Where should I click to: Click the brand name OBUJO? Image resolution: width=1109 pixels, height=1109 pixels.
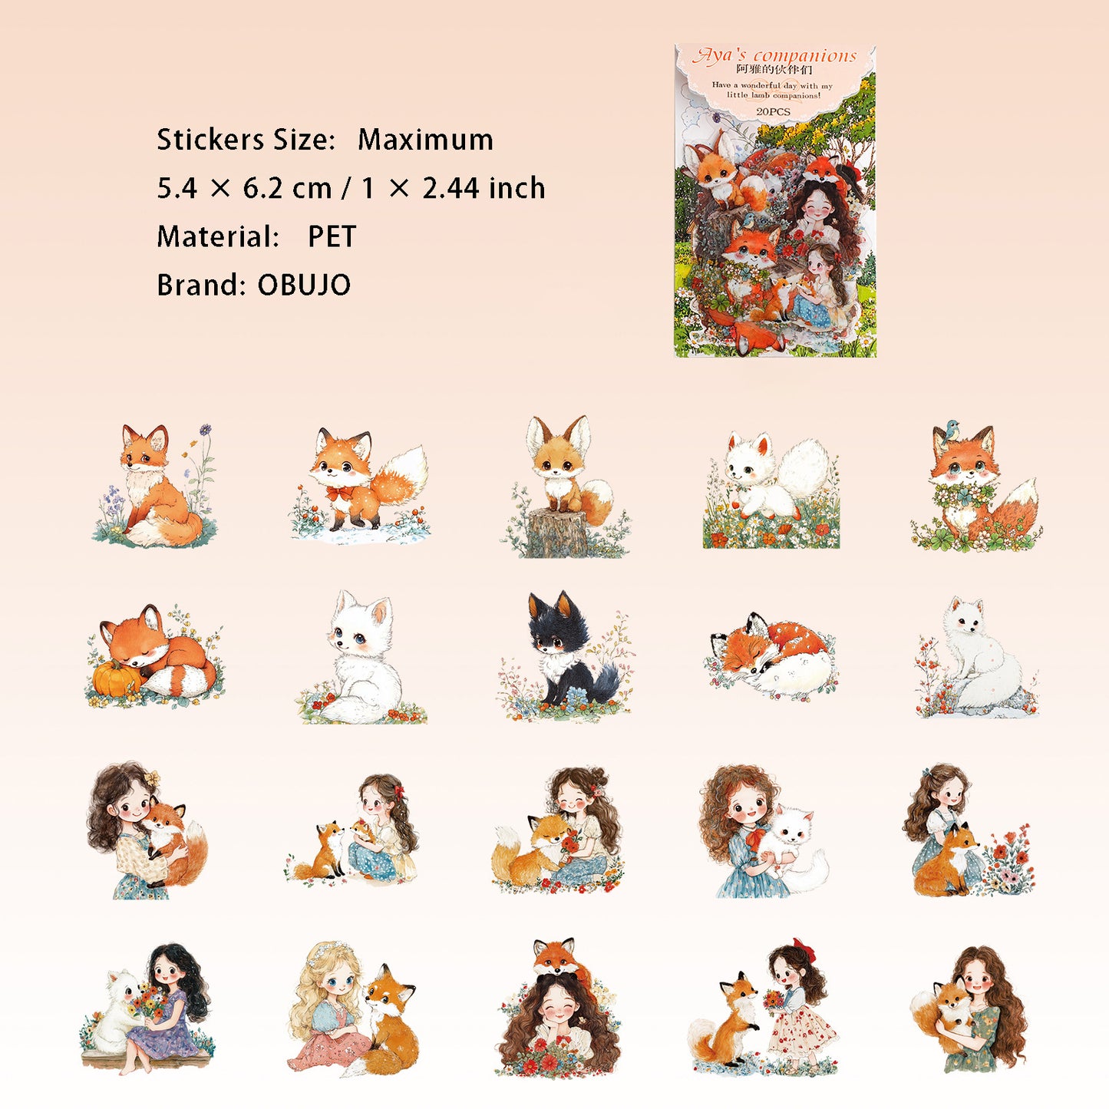point(304,284)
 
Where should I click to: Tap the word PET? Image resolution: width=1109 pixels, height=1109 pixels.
point(332,236)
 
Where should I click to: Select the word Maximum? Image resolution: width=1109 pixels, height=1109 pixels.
point(425,140)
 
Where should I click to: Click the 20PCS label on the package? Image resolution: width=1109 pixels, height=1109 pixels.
point(774,111)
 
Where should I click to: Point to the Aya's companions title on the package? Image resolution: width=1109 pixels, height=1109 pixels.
point(774,56)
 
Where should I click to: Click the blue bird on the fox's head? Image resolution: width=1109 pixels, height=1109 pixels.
point(951,429)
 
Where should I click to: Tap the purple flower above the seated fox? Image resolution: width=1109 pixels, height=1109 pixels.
point(206,429)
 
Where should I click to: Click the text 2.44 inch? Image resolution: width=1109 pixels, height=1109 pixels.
point(484,188)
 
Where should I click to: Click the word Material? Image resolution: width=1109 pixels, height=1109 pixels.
point(218,236)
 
